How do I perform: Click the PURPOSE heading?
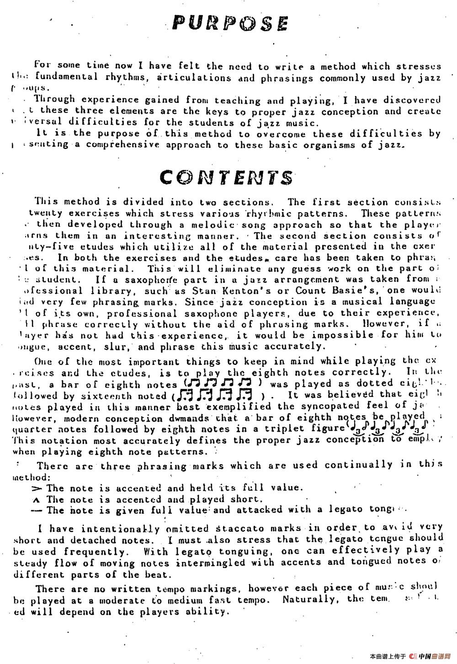coord(230,23)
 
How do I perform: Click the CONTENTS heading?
coord(227,177)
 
